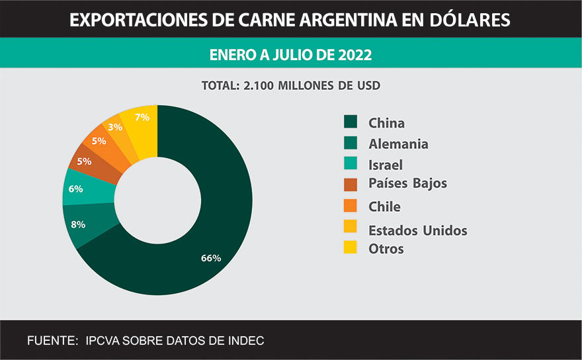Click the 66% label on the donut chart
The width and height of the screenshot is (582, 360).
[210, 258]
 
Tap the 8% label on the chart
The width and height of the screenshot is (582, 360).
[78, 224]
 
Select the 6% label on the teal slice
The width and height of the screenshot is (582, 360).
[75, 189]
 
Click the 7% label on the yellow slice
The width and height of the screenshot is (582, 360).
[142, 117]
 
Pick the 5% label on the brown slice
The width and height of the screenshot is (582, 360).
[84, 161]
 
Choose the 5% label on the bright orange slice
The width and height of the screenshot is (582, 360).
[99, 140]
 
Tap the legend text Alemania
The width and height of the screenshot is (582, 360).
[398, 144]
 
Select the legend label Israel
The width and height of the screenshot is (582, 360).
[386, 165]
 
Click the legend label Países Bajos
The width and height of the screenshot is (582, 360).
[407, 183]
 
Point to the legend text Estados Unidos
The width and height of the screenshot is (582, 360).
[417, 230]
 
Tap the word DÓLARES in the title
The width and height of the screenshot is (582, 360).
[473, 21]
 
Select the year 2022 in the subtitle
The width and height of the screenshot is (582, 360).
[354, 54]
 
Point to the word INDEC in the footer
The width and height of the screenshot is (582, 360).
[245, 341]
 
